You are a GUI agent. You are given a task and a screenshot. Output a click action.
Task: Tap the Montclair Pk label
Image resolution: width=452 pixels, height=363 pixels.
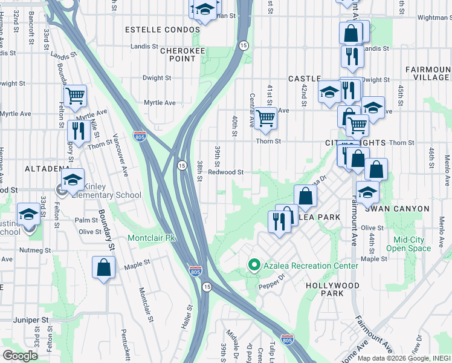[151, 238]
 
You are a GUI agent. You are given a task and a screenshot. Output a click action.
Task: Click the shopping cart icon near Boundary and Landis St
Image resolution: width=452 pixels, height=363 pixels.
[75, 96]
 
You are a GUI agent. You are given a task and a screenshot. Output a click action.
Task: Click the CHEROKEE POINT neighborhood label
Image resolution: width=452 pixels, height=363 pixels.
[178, 54]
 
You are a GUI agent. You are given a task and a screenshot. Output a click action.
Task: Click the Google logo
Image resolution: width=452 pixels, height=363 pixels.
[20, 355]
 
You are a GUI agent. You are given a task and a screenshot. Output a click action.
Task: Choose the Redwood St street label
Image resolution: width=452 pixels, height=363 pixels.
[225, 172]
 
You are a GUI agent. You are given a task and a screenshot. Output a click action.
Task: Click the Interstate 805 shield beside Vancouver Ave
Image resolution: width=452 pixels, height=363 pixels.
[140, 137]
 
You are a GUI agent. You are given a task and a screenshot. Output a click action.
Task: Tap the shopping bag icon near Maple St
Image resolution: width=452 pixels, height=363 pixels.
[103, 267]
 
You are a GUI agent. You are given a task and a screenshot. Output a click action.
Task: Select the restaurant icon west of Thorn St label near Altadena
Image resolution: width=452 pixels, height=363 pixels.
[78, 130]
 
